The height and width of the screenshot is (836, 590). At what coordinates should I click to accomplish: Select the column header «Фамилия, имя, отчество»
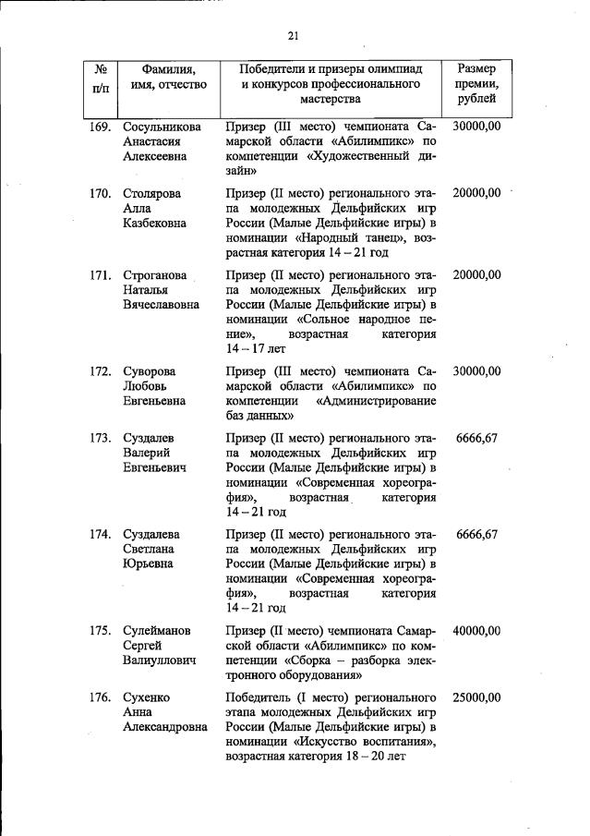168,77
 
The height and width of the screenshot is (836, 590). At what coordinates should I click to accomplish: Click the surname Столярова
151,193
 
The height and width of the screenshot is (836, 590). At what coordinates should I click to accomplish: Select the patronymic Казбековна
155,224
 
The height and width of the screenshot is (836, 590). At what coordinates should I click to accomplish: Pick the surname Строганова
155,275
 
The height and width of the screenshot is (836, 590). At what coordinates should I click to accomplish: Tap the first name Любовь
148,386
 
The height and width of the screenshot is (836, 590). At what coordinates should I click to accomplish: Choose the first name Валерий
149,454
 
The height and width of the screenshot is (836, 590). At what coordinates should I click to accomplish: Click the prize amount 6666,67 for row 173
477,438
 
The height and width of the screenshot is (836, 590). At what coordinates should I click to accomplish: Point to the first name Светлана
151,550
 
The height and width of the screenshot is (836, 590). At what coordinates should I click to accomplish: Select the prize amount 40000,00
476,631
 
